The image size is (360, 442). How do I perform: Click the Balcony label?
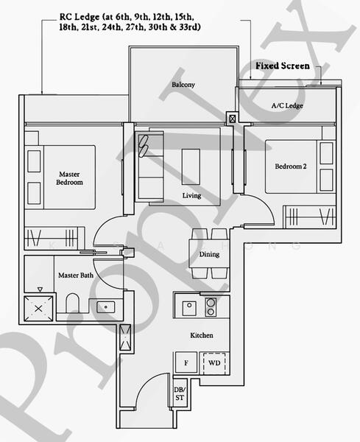click(183, 84)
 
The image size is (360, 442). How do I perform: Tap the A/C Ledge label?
click(287, 105)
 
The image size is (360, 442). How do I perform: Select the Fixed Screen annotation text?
click(283, 66)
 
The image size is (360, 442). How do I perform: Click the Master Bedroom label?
click(69, 178)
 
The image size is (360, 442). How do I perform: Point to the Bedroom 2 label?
click(291, 166)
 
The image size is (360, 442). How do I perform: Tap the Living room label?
click(191, 195)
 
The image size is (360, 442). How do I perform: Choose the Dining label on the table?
click(209, 254)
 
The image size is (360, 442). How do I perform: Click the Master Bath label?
click(76, 275)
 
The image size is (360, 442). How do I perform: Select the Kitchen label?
click(202, 335)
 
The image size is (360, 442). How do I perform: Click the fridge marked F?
click(186, 362)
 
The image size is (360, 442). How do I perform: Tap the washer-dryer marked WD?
click(214, 363)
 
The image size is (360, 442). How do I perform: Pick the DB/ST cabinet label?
click(180, 393)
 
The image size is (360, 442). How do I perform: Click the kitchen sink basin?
click(189, 308)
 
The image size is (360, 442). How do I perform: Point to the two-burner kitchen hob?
click(211, 307)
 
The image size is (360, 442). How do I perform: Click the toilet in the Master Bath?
click(72, 303)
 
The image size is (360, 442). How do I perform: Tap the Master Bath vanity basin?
click(105, 307)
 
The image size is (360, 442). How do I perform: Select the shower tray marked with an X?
click(38, 309)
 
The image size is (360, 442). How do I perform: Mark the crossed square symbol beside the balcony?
click(233, 119)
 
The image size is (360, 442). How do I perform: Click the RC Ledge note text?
click(130, 21)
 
